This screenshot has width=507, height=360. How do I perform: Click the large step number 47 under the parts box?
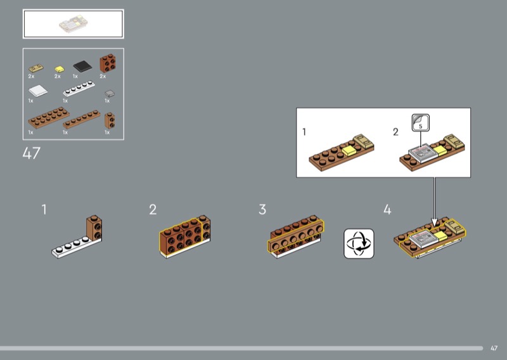31,153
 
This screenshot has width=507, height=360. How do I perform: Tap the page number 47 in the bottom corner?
494,349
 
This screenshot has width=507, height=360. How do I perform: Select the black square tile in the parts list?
82,67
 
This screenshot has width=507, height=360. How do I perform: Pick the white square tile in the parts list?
38,91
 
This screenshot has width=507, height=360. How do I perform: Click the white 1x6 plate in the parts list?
79,89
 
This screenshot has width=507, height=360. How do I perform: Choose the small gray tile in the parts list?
110,93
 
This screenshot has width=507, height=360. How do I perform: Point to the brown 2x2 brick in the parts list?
108,63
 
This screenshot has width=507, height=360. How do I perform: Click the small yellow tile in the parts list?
59,69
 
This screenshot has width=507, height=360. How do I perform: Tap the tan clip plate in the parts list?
35,68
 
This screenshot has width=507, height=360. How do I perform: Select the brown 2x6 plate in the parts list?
49,118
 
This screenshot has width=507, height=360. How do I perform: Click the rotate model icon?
359,243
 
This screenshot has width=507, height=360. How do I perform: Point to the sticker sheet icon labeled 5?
421,122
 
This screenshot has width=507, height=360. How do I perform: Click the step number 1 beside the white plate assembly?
44,209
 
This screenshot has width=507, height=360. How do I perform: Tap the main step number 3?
262,209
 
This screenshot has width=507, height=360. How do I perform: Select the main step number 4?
387,209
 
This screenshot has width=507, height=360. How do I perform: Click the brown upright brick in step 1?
94,228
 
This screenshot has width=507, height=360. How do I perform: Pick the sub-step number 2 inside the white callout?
395,132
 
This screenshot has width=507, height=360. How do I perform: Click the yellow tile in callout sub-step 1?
349,151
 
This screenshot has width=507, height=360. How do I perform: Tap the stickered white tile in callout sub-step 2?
423,152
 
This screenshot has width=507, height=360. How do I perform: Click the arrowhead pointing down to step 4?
434,222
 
